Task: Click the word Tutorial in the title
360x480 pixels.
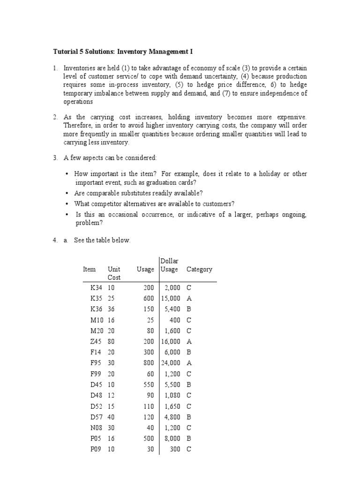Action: click(x=65, y=51)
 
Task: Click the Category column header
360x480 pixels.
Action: click(x=199, y=270)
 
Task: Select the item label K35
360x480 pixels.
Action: click(x=96, y=298)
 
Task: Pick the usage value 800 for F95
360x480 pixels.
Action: click(x=148, y=363)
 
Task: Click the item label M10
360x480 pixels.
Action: click(x=97, y=320)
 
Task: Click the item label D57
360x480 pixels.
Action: click(x=96, y=417)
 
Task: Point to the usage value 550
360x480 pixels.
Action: click(x=148, y=384)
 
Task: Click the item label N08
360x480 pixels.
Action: click(x=97, y=427)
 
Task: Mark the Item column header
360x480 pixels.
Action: click(x=89, y=270)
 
